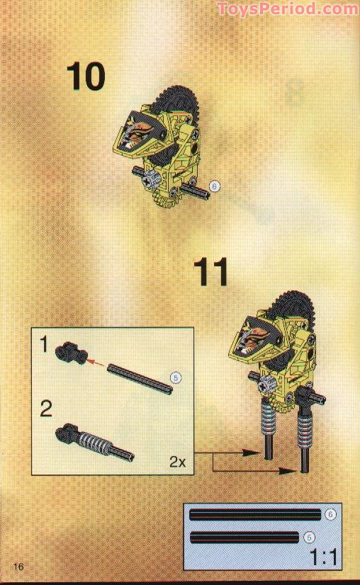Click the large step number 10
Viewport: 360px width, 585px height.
pyautogui.click(x=85, y=76)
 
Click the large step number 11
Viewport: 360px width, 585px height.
pyautogui.click(x=212, y=272)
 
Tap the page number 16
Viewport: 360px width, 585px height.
pyautogui.click(x=18, y=566)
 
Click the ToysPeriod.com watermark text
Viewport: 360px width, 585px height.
pyautogui.click(x=297, y=9)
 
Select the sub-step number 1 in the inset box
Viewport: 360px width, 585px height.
pyautogui.click(x=44, y=346)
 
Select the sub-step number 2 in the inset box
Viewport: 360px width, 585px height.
pyautogui.click(x=46, y=410)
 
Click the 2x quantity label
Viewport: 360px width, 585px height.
pyautogui.click(x=177, y=462)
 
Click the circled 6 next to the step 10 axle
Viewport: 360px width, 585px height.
pyautogui.click(x=216, y=187)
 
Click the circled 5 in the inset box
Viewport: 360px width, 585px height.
pyautogui.click(x=176, y=377)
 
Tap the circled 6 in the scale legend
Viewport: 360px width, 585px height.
pyautogui.click(x=330, y=514)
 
